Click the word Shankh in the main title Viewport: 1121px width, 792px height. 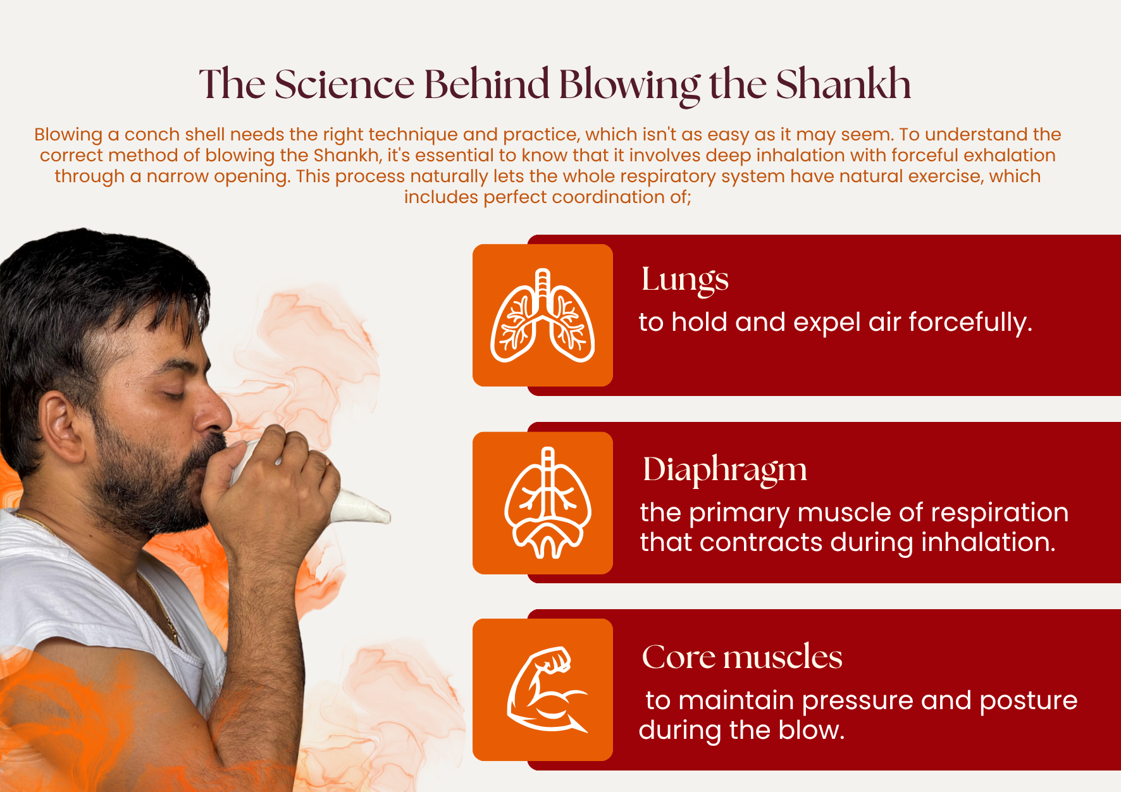843,84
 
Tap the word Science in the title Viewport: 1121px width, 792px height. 344,84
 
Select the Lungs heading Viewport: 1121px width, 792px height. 685,280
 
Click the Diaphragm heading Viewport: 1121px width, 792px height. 725,471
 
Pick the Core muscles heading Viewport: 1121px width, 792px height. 742,657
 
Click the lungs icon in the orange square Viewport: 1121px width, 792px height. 543,316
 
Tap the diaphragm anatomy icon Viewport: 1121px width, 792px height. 548,503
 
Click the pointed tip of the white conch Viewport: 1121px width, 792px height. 387,516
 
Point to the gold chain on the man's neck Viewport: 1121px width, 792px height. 168,617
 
